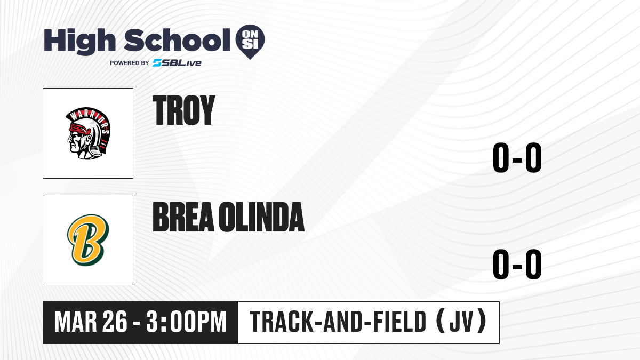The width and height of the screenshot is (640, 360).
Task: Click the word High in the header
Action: point(80,42)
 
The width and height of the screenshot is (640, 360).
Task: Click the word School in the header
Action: point(177,40)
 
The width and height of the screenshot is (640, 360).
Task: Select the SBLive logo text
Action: point(177,63)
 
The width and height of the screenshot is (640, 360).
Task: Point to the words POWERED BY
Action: point(130,63)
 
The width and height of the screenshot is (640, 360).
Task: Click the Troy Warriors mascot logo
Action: point(89,133)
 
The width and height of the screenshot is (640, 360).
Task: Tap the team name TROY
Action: point(183,110)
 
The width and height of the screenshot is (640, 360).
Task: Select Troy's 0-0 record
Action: point(517,158)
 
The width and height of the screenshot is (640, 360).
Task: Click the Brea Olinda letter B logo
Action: point(89,240)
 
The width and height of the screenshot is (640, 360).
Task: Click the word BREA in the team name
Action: point(183,217)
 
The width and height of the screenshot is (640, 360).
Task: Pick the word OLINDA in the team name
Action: point(262,217)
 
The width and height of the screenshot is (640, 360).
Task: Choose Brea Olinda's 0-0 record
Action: point(517,264)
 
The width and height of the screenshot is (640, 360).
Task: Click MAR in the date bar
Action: point(76,322)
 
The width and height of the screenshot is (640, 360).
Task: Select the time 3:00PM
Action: point(186,322)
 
